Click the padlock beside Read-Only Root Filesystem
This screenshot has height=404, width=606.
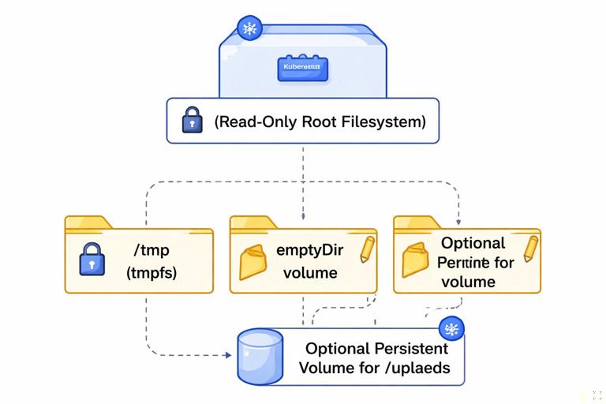click(x=192, y=122)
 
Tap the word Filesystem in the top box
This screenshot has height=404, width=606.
click(x=386, y=122)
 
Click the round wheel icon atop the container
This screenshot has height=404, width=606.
click(x=250, y=30)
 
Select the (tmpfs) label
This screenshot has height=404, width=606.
click(x=152, y=273)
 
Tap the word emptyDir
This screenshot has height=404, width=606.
click(x=307, y=251)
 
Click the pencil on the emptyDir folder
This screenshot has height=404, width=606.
click(x=367, y=248)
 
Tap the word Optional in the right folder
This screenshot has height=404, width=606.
click(x=473, y=243)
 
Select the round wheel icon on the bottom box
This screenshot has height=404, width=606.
click(x=451, y=329)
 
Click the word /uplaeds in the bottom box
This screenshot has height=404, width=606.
click(x=421, y=368)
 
